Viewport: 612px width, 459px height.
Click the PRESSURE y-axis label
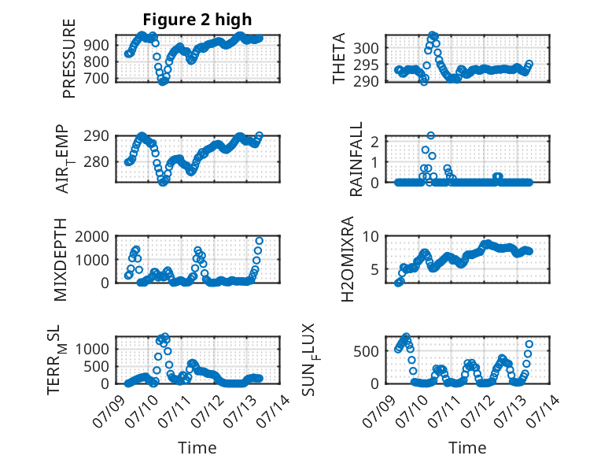pyautogui.click(x=69, y=57)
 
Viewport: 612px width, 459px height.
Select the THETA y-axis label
pyautogui.click(x=339, y=57)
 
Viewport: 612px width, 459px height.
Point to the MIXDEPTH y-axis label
pyautogui.click(x=61, y=260)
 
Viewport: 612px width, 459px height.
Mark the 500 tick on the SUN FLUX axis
pyautogui.click(x=373, y=350)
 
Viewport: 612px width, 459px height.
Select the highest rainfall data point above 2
pyautogui.click(x=431, y=135)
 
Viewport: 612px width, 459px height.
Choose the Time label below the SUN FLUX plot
pyautogui.click(x=467, y=447)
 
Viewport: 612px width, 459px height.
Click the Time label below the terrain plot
pyautogui.click(x=197, y=447)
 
